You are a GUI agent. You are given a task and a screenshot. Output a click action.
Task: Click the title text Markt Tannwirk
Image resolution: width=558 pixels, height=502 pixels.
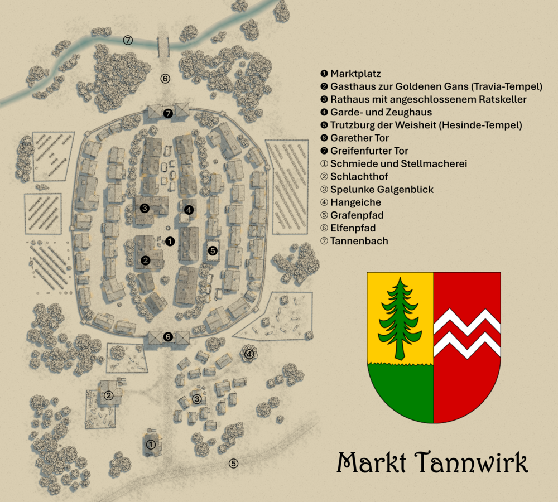point(432,463)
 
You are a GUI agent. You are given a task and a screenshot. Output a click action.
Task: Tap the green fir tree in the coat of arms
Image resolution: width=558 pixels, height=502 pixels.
point(400,318)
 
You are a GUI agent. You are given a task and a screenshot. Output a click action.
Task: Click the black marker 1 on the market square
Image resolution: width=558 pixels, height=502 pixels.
point(170,242)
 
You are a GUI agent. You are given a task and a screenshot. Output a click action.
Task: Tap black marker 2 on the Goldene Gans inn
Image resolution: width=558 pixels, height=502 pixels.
point(146,260)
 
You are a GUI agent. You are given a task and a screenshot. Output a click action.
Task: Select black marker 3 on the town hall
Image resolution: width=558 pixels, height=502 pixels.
point(145,208)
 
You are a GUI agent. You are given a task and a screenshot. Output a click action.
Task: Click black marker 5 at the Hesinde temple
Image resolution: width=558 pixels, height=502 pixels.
point(213,251)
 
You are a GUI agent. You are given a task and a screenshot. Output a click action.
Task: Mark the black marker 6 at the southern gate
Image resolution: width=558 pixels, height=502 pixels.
point(168,336)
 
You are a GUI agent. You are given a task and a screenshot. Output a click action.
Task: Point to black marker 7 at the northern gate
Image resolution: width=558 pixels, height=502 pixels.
point(168,113)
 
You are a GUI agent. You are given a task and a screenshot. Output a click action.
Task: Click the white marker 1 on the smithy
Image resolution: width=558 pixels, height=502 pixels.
point(151,445)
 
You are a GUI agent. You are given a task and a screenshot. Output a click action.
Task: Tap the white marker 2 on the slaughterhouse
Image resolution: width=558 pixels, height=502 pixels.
point(109,395)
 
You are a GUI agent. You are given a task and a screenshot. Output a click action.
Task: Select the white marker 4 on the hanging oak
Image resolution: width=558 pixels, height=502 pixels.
point(249,354)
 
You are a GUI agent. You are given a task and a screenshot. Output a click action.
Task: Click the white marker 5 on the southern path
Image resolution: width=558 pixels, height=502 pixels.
point(233,464)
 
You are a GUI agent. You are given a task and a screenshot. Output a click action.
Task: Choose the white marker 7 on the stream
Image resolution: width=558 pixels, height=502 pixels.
point(128,40)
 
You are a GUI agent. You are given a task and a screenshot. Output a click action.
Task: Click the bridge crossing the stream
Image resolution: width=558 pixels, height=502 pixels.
point(163,44)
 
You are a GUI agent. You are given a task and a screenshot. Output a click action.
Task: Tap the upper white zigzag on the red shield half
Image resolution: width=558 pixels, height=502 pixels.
point(466,322)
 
